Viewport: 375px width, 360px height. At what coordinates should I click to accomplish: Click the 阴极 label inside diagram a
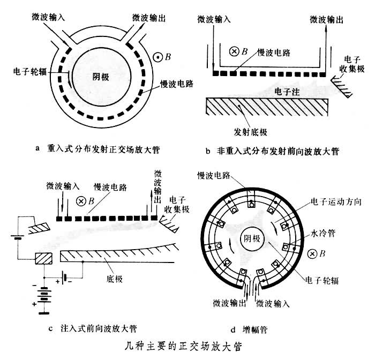(100, 77)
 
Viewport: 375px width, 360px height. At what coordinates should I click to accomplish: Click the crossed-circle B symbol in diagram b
(234, 52)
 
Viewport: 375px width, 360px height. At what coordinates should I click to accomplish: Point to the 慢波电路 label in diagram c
(111, 186)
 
